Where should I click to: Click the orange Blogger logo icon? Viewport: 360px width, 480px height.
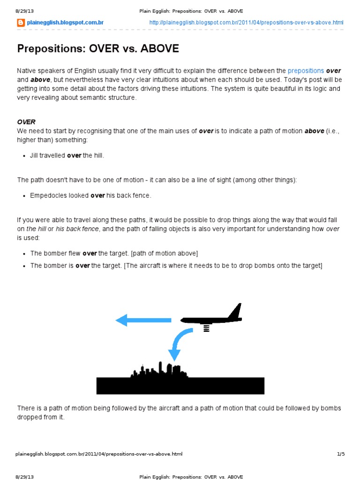click(21, 22)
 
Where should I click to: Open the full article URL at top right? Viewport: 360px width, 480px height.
click(246, 22)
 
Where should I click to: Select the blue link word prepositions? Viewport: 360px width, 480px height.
click(306, 71)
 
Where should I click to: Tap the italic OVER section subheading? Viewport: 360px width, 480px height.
click(26, 122)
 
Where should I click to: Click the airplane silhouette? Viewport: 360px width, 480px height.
click(211, 319)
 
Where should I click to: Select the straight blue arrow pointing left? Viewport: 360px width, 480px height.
click(143, 320)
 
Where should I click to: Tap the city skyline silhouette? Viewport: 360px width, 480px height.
click(159, 370)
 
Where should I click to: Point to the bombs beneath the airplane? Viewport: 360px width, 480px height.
click(205, 329)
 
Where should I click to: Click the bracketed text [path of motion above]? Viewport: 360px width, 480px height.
click(165, 253)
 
